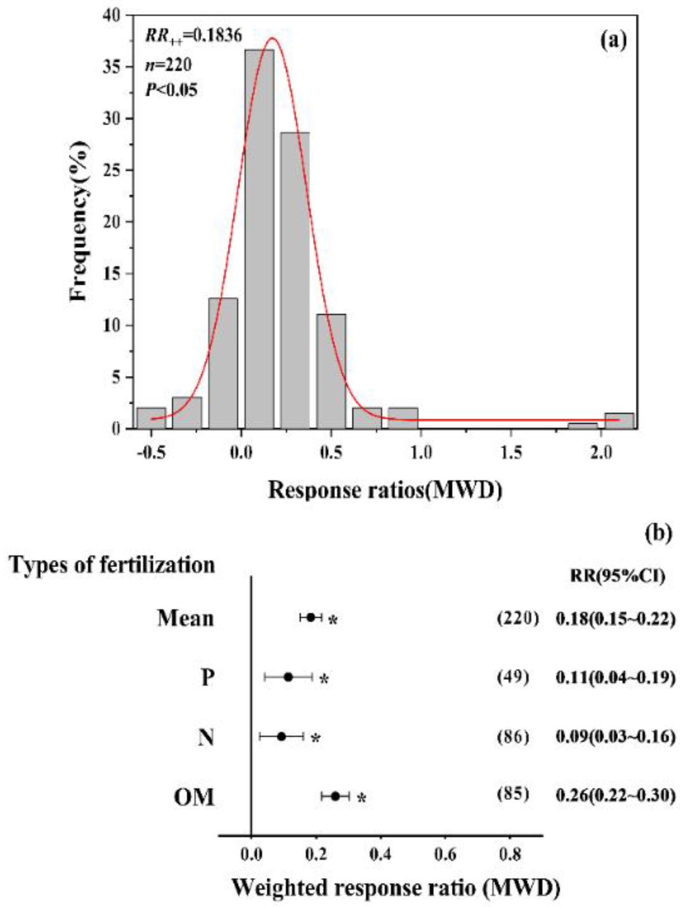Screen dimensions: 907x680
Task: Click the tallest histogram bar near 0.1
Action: click(259, 238)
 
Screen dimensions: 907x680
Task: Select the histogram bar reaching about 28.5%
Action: click(295, 280)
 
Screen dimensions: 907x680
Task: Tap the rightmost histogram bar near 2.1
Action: click(619, 420)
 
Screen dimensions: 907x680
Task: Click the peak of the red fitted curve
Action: click(273, 39)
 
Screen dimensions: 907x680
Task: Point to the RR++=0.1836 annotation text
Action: click(193, 36)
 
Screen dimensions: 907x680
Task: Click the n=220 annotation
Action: click(169, 65)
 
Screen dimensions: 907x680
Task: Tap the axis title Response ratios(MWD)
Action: click(385, 490)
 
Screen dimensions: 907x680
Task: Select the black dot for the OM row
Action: click(335, 796)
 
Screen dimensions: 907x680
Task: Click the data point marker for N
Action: click(281, 736)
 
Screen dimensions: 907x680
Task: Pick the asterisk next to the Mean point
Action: click(333, 620)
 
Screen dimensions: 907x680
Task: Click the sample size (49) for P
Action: click(513, 677)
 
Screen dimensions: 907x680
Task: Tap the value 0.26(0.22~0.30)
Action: click(615, 795)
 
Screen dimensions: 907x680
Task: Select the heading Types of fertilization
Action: click(113, 564)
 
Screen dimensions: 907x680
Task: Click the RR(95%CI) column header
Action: click(617, 576)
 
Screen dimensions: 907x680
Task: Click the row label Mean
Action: click(186, 618)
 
